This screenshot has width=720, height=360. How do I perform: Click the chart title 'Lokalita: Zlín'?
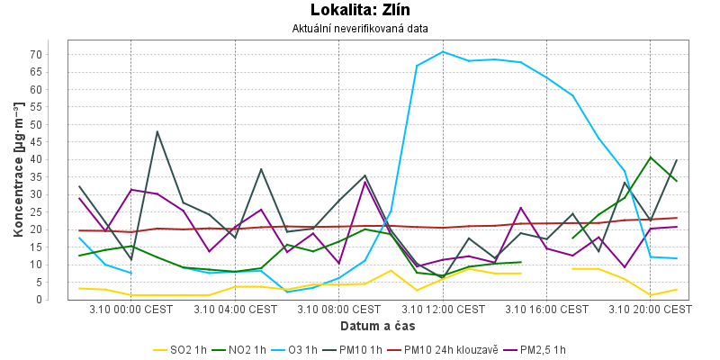point(360,11)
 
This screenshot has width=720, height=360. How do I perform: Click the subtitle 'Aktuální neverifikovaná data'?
point(360,29)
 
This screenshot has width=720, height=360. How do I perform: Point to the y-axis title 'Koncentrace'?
point(18,170)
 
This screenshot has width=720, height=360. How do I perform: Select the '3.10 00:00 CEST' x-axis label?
point(131,309)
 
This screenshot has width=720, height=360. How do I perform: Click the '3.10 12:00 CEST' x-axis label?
point(444,309)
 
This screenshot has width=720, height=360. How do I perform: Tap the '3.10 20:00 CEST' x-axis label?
point(652,309)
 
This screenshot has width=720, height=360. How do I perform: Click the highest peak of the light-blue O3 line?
point(443,51)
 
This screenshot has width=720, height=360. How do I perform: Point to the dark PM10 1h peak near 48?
point(157,131)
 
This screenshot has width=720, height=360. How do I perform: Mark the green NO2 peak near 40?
point(651,157)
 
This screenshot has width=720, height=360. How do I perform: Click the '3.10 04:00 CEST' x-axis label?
point(236,309)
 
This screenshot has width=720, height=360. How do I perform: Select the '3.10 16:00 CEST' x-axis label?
point(547,309)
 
